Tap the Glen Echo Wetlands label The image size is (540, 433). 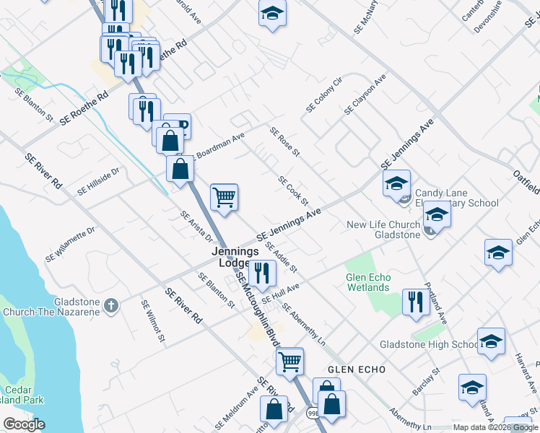coord(367,282)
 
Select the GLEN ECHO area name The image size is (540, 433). coord(357,369)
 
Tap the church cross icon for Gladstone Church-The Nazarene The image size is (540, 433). coord(110,305)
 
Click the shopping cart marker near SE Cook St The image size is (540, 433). coord(225,196)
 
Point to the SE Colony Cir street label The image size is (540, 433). coord(323,94)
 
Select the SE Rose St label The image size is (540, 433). coord(284,143)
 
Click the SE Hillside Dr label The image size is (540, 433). coord(98,181)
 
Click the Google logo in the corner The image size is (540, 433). coord(24,424)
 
